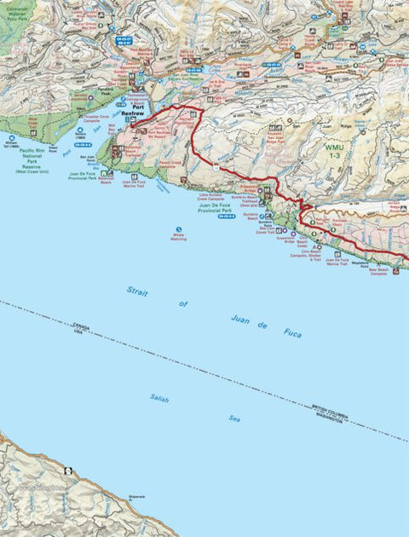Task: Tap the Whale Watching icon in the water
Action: click(178, 229)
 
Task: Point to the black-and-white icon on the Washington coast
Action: click(66, 471)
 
